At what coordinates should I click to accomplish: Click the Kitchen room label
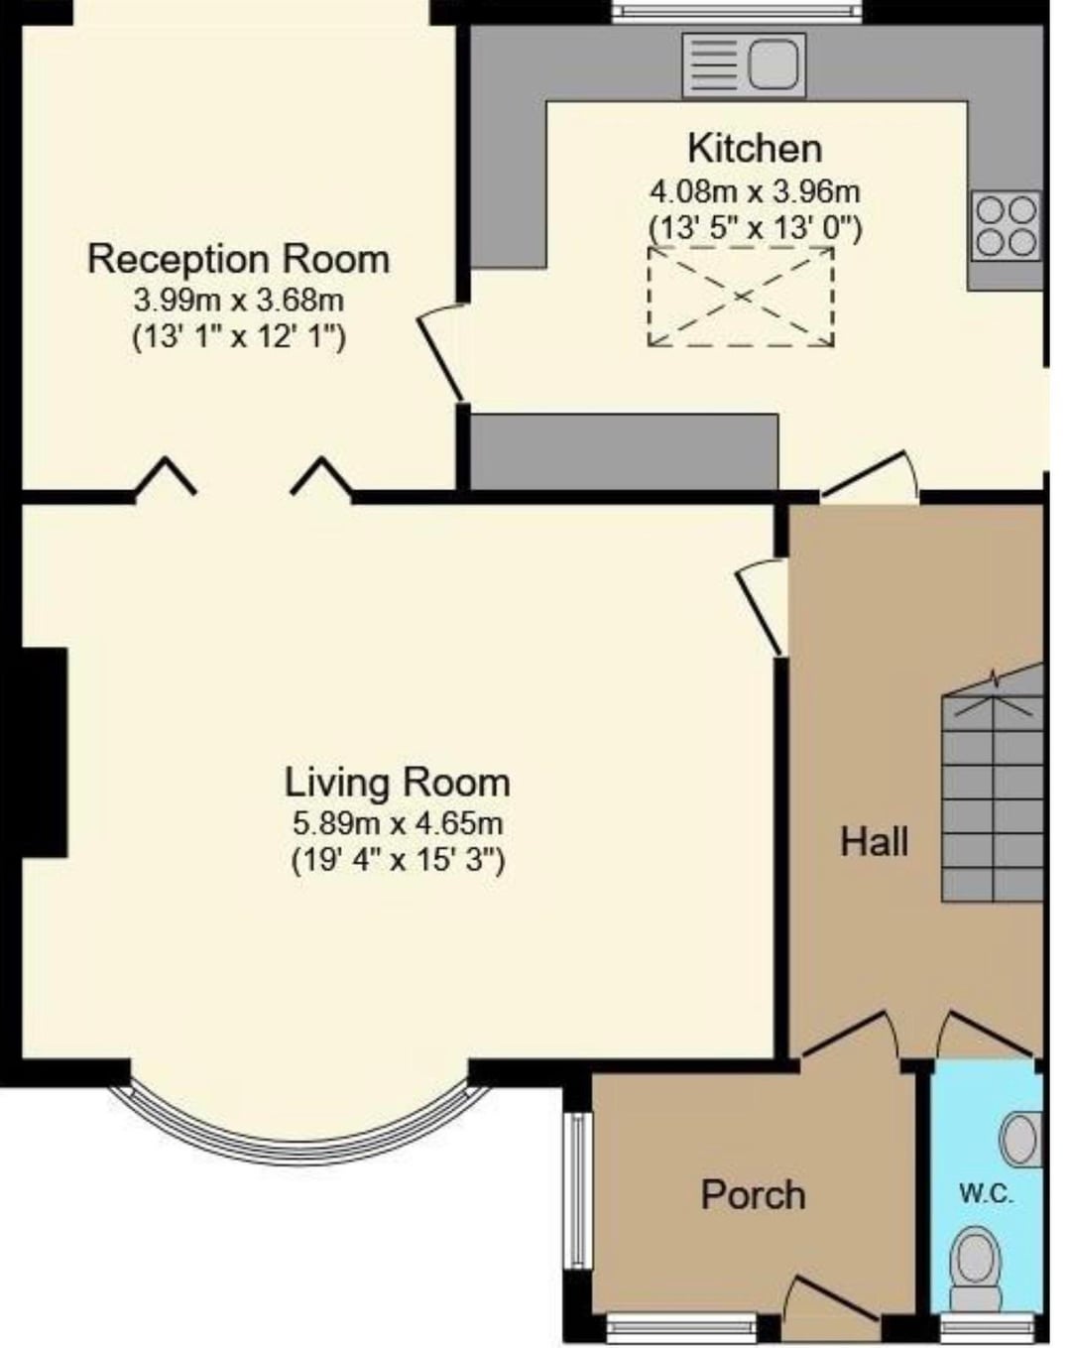pos(754,150)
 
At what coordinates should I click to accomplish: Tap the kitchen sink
pos(744,65)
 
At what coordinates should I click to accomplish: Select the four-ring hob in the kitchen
pos(1006,225)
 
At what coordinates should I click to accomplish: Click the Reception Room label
pos(238,259)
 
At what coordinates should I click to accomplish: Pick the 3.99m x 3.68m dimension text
pos(239,301)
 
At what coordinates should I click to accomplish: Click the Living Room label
pos(397,783)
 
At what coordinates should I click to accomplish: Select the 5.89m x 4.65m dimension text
pos(398,823)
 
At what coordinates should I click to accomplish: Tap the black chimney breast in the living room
pos(44,752)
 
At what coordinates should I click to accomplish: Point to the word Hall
pos(874,842)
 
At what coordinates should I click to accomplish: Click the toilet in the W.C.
pos(975,1281)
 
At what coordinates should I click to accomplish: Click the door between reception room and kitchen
pos(441,352)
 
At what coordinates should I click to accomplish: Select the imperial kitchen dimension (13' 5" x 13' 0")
pos(755,228)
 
